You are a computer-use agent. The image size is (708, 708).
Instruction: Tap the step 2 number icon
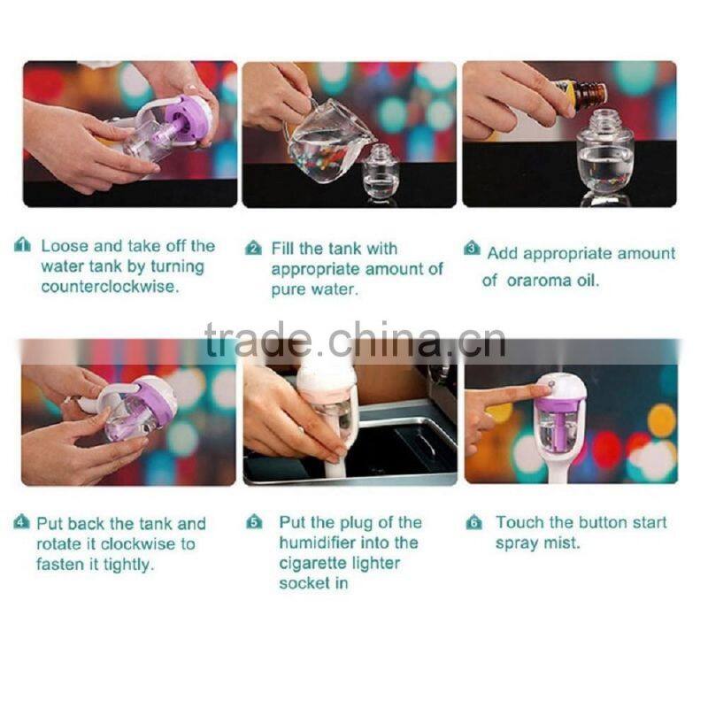(253, 249)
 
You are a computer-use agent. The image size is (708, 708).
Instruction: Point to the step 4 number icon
(22, 522)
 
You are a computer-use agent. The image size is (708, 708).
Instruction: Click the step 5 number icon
(254, 522)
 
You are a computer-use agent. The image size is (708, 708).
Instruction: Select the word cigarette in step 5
(315, 563)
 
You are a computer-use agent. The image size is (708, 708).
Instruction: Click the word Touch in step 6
(518, 522)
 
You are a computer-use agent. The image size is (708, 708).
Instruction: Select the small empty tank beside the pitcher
(381, 173)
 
